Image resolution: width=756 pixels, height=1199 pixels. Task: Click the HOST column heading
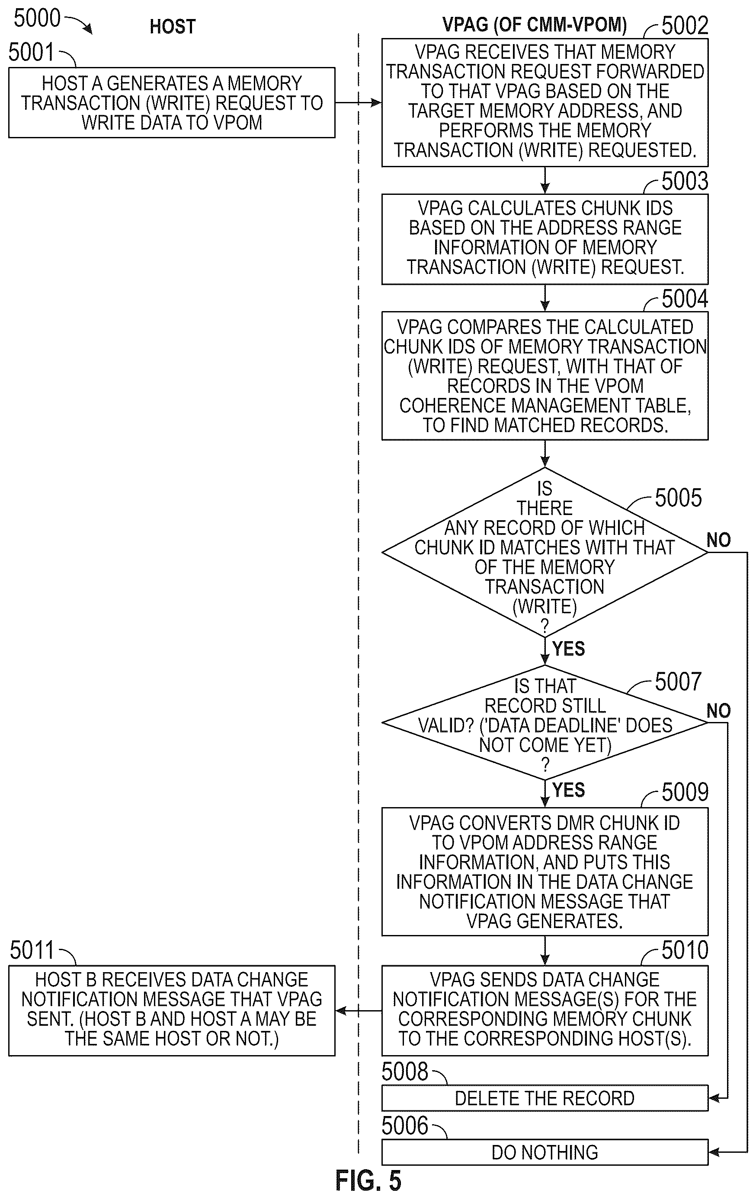coord(173,26)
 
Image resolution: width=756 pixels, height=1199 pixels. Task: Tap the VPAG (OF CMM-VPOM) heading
coord(534,24)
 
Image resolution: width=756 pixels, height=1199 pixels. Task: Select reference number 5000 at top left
coord(37,19)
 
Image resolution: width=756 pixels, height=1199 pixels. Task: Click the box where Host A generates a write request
coord(171,102)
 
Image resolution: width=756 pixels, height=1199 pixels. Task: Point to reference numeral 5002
coord(685,26)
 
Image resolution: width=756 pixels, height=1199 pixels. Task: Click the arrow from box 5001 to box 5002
coord(358,102)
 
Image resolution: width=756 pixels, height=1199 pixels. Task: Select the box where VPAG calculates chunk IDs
coord(545,239)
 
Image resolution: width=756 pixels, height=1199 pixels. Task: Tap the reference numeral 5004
coord(685,299)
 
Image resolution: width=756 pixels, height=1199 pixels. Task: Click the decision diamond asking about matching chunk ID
coord(545,552)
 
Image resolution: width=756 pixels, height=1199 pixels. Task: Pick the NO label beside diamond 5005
coord(719,540)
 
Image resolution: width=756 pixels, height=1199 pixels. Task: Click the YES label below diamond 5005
coord(569,649)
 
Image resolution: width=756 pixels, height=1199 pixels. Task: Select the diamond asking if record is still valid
coord(545,722)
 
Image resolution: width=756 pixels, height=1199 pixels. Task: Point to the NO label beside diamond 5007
coord(719,710)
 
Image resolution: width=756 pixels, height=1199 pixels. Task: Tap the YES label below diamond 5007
coord(569,790)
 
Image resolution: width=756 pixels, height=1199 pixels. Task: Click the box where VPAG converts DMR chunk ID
coord(545,871)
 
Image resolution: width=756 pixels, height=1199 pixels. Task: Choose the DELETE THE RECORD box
coord(545,1098)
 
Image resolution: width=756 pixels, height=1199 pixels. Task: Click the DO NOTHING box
coord(545,1152)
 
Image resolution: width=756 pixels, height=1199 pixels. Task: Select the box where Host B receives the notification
coord(171,1011)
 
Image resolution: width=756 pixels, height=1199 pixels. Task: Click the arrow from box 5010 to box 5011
coord(358,1011)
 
